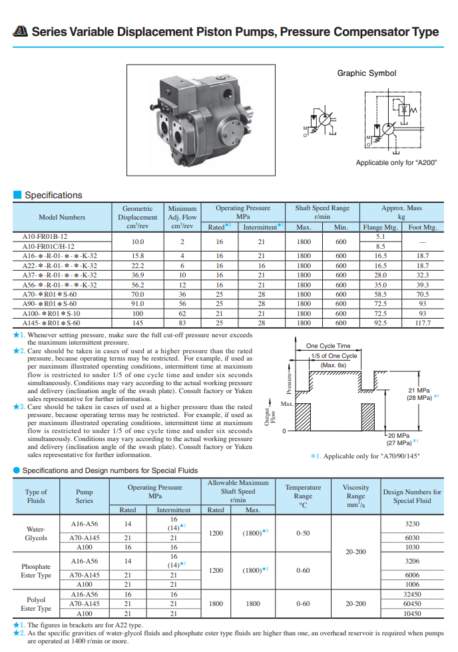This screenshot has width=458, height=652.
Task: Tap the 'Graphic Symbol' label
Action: pyautogui.click(x=366, y=73)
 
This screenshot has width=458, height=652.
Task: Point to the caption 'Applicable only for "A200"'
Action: pyautogui.click(x=391, y=162)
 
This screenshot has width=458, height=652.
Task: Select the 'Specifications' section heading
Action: pyautogui.click(x=53, y=195)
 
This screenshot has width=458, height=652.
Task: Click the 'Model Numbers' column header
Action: pyautogui.click(x=62, y=217)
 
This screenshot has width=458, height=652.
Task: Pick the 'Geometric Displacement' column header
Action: pyautogui.click(x=137, y=217)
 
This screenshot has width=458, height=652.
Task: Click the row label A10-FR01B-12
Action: pyautogui.click(x=45, y=236)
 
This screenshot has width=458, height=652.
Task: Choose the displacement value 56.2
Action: pyautogui.click(x=137, y=284)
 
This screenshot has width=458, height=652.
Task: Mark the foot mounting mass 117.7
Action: pyautogui.click(x=422, y=323)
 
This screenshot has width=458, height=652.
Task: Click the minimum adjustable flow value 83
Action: pyautogui.click(x=182, y=323)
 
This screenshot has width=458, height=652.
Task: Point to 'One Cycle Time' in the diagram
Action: pyautogui.click(x=328, y=346)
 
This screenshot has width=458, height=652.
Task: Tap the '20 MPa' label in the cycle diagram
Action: pyautogui.click(x=399, y=436)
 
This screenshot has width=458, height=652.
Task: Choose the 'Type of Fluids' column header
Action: pyautogui.click(x=36, y=496)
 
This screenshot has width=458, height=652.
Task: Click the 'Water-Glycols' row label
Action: pyautogui.click(x=36, y=533)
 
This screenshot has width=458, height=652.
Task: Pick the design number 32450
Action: pyautogui.click(x=412, y=594)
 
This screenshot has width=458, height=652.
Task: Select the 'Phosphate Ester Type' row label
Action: pyautogui.click(x=36, y=571)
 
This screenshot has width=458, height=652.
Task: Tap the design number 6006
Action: pyautogui.click(x=412, y=575)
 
